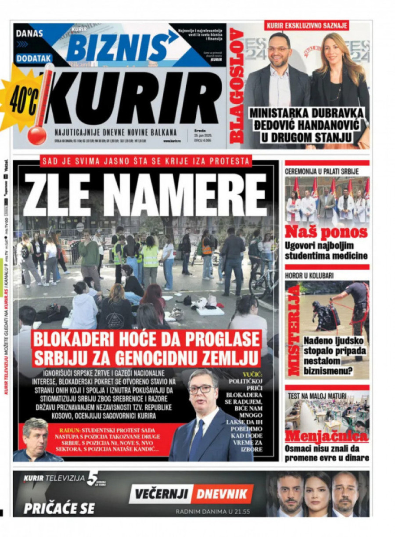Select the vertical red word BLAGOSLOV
pos(237,86)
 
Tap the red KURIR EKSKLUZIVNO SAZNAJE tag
pos(306,26)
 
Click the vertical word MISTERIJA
pos(293,330)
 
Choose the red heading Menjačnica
pos(326,437)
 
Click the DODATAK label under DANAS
pos(34,58)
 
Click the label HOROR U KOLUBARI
pos(309,276)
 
